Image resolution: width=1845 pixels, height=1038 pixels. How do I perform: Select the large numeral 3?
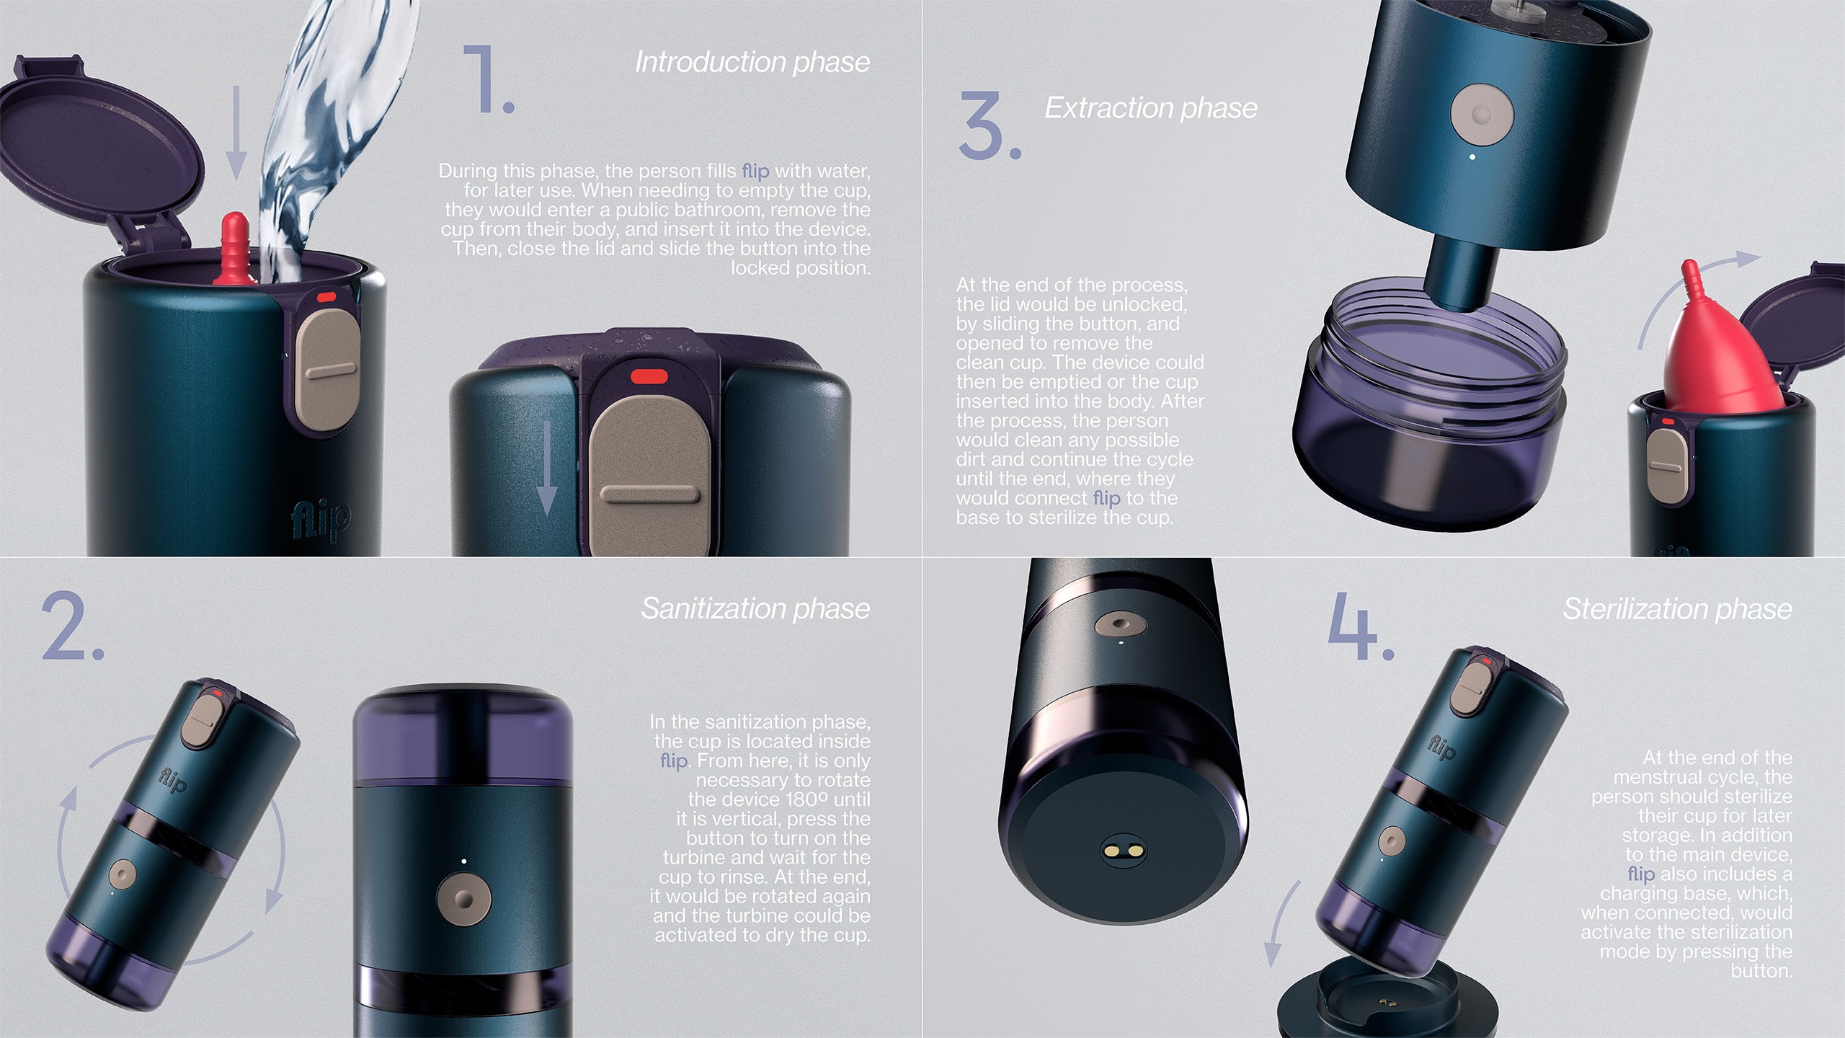pyautogui.click(x=989, y=125)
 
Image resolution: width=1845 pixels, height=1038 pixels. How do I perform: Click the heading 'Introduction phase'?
pyautogui.click(x=752, y=62)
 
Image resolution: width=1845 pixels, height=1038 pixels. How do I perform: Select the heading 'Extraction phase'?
pyautogui.click(x=1151, y=108)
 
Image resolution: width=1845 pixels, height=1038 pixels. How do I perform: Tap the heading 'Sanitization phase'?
pyautogui.click(x=755, y=608)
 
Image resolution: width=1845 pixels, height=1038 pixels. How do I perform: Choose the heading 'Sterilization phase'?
pyautogui.click(x=1677, y=609)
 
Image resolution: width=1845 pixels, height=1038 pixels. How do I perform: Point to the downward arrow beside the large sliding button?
pyautogui.click(x=548, y=468)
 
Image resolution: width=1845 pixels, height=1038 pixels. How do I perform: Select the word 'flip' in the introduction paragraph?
pyautogui.click(x=755, y=171)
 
